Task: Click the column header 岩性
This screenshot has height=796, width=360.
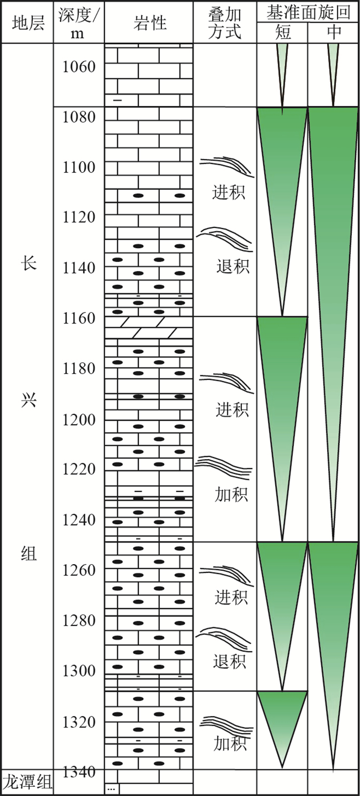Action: (149, 23)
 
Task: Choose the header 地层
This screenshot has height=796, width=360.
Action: (28, 23)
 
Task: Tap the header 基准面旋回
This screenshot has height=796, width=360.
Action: (308, 11)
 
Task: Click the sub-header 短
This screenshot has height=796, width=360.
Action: (282, 32)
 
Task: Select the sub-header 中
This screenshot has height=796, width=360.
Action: (333, 32)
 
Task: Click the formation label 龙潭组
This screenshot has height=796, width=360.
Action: (27, 783)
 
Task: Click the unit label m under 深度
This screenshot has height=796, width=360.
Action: (79, 33)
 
